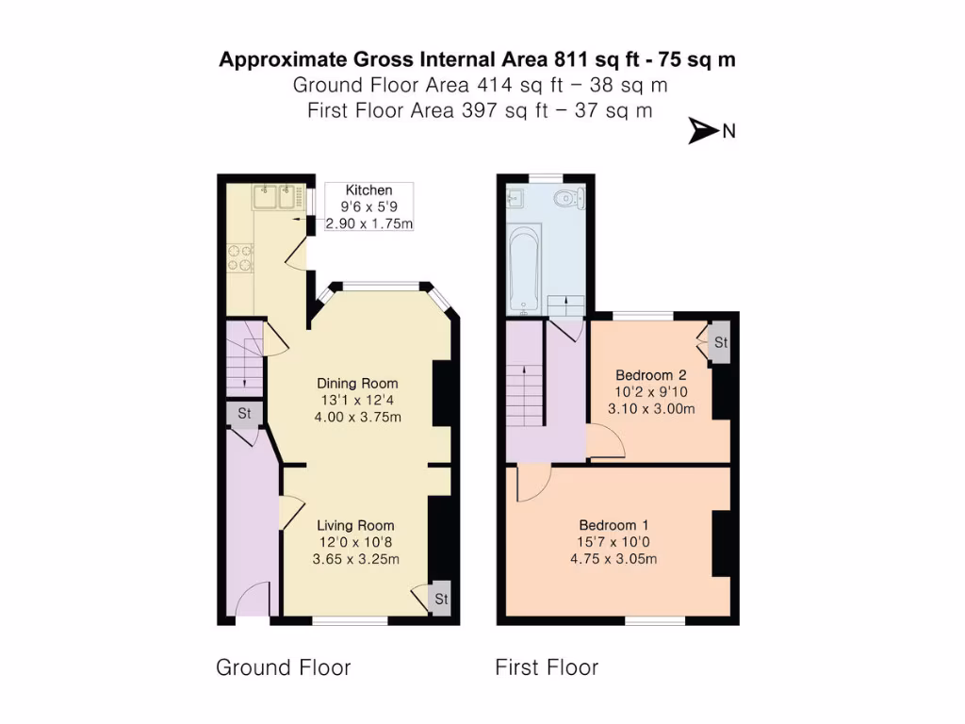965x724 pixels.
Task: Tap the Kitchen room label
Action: (368, 190)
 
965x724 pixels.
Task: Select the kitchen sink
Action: (275, 197)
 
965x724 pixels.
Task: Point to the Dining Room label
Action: (357, 384)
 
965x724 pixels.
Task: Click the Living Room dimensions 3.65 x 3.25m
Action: (355, 559)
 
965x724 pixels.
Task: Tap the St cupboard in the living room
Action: (441, 599)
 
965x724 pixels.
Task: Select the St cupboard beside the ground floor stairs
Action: (244, 413)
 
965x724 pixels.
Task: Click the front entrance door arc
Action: (252, 599)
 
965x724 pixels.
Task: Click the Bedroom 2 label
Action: (650, 374)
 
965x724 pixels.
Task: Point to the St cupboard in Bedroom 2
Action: (721, 343)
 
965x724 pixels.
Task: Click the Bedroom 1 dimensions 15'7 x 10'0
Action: (613, 542)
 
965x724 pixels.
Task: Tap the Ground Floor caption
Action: (284, 668)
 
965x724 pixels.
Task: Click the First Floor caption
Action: (547, 668)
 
